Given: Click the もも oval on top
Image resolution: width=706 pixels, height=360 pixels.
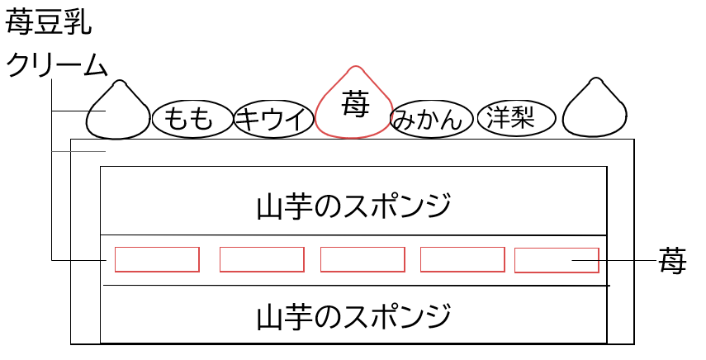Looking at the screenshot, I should (x=189, y=119).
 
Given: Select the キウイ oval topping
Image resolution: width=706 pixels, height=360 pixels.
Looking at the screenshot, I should (x=272, y=119).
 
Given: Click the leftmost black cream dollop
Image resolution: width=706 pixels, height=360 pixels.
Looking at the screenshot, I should (x=117, y=114).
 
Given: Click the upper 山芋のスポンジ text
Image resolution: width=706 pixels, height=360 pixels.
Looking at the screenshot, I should (x=354, y=204).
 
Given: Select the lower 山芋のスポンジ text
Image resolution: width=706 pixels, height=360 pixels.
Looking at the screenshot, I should (x=354, y=315).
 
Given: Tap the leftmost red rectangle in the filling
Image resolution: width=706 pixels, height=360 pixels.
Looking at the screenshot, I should (x=157, y=259).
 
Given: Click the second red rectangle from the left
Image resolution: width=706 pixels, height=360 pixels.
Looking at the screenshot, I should (x=262, y=259).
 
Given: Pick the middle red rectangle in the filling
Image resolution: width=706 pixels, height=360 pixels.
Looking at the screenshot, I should (x=362, y=259).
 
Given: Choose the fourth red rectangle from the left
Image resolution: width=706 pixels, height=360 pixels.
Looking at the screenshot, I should (x=462, y=259).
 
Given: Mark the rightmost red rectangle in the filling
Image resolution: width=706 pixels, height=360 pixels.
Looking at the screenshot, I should (x=557, y=259).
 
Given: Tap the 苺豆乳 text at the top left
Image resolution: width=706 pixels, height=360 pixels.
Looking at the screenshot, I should (x=48, y=22).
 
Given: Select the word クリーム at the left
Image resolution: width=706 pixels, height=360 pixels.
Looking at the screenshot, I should (x=57, y=66).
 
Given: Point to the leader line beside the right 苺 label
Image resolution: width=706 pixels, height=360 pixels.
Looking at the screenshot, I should (x=628, y=260).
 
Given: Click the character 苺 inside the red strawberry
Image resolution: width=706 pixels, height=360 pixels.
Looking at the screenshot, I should (x=354, y=103).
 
